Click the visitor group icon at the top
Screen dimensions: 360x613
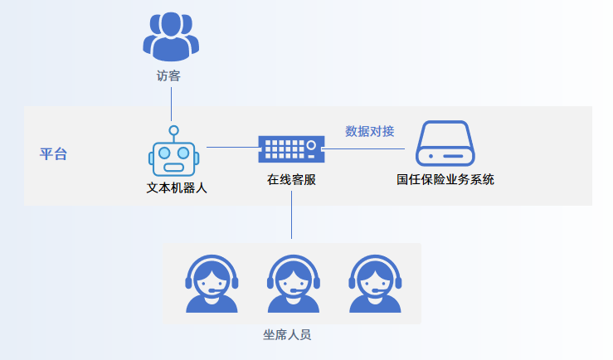pyautogui.click(x=171, y=36)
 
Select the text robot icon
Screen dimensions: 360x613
pyautogui.click(x=173, y=156)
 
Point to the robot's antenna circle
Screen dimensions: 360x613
pyautogui.click(x=173, y=130)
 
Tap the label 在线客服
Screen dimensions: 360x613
pyautogui.click(x=291, y=179)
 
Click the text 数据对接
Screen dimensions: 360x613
pyautogui.click(x=369, y=131)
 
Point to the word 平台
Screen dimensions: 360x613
pyautogui.click(x=54, y=154)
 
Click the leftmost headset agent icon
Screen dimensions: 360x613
pyautogui.click(x=211, y=283)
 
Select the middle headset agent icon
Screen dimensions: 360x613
pyautogui.click(x=293, y=283)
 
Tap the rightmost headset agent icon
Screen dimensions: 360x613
pyautogui.click(x=374, y=283)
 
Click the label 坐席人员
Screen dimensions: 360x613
pyautogui.click(x=287, y=334)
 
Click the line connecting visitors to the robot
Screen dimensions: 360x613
pyautogui.click(x=171, y=104)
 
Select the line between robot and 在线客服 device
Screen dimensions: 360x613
pyautogui.click(x=231, y=148)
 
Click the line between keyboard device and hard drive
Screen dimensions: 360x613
pyautogui.click(x=365, y=148)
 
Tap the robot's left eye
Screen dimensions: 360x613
pyautogui.click(x=165, y=153)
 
